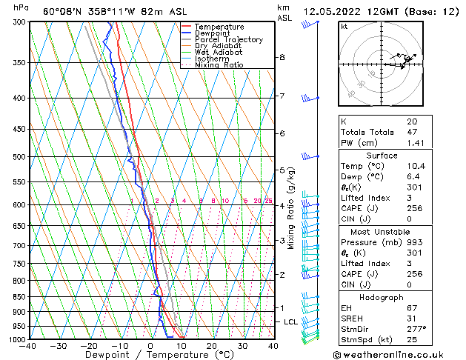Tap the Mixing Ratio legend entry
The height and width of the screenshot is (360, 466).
[219, 65]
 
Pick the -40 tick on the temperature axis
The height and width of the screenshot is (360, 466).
[28, 346]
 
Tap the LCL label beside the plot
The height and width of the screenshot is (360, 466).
[290, 322]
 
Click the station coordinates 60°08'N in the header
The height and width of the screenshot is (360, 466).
[62, 11]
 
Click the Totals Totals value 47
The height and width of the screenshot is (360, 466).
[412, 132]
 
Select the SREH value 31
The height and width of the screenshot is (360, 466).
[412, 319]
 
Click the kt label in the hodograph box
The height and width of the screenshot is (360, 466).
[344, 27]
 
